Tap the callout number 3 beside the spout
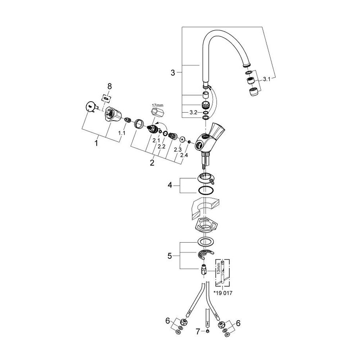click(x=173, y=73)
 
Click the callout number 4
click(x=170, y=186)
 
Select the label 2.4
click(x=184, y=155)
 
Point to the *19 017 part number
click(x=223, y=293)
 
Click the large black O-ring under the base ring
click(x=205, y=191)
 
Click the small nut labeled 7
click(x=208, y=331)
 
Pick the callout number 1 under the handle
click(x=96, y=143)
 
